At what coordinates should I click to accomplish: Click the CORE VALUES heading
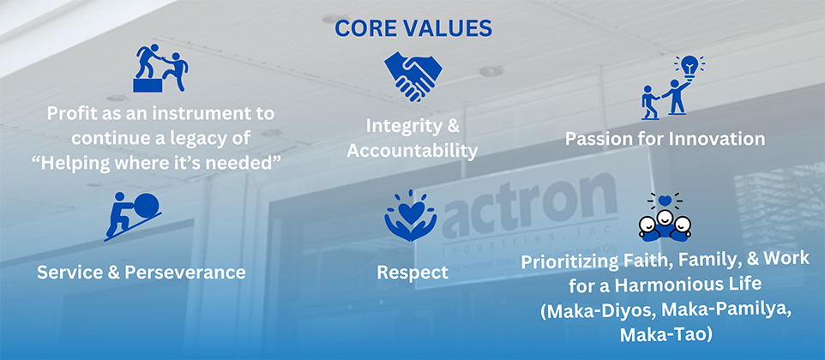[413, 27]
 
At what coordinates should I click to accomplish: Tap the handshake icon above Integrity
[413, 76]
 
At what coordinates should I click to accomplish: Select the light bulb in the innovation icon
[689, 66]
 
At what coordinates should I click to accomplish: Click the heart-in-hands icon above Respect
[411, 217]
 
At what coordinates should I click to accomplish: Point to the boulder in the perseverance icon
[147, 205]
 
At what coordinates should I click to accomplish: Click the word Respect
[412, 273]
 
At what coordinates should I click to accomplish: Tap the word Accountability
[412, 152]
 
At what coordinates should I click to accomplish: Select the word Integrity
[405, 126]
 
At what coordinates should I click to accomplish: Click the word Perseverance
[185, 273]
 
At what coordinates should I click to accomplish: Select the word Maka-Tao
[665, 335]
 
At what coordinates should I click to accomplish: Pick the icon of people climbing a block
[160, 68]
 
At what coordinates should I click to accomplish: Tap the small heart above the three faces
[665, 201]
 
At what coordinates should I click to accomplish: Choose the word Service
[71, 273]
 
